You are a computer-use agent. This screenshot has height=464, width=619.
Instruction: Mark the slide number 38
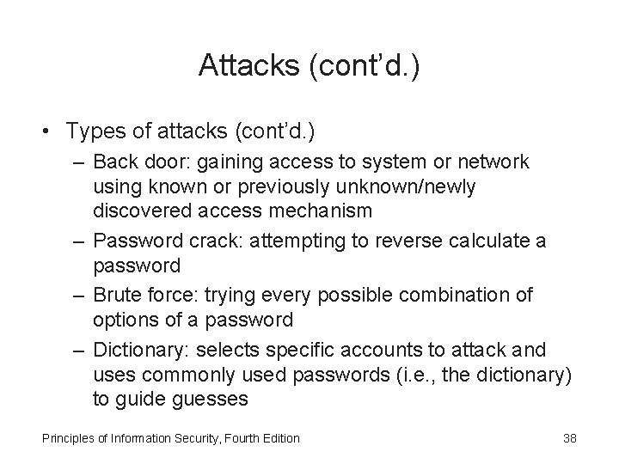[x=569, y=439]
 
